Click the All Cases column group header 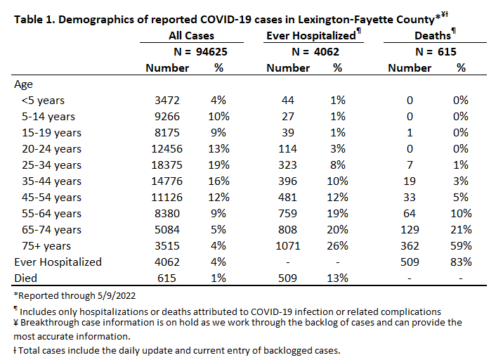[x=192, y=36]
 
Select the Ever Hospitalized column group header [x=311, y=36]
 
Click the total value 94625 [x=211, y=52]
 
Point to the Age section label [x=23, y=84]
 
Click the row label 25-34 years [x=51, y=165]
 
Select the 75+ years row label [x=46, y=246]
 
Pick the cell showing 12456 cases [x=166, y=149]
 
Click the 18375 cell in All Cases [x=166, y=165]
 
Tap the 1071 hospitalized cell [x=288, y=246]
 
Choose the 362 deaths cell [x=410, y=246]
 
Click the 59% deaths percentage [x=461, y=246]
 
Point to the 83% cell [x=461, y=262]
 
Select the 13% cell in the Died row [x=337, y=278]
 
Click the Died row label [x=26, y=278]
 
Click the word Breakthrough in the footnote [x=50, y=323]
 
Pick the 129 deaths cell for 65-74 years [x=410, y=230]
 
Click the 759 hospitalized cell [x=288, y=214]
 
